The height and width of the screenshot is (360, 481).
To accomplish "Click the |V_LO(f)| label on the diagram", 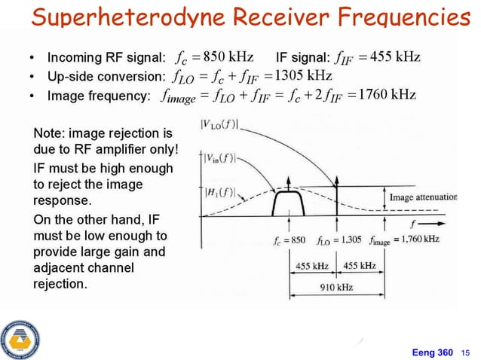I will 220,125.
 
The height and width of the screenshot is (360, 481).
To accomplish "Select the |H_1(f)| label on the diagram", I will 219,192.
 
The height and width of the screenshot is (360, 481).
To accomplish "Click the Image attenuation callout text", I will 423,197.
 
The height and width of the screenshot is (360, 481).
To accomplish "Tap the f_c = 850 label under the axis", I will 289,240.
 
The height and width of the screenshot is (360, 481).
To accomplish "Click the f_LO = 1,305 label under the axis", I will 339,240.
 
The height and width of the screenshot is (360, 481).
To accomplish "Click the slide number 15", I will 464,352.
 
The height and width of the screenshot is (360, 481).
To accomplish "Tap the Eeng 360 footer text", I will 434,352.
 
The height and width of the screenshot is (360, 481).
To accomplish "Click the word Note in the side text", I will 47,133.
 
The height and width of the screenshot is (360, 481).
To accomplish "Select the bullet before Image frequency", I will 31,96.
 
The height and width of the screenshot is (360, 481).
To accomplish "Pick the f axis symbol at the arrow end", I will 412,223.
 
